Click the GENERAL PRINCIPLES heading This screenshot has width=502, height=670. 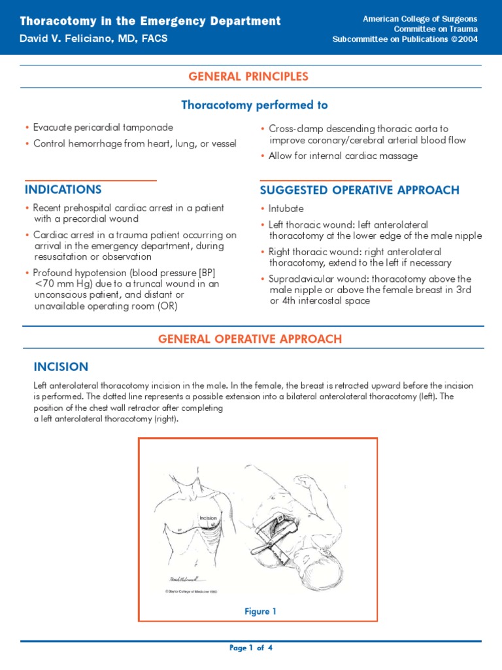pos(248,77)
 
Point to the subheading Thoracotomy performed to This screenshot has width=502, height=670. pos(254,105)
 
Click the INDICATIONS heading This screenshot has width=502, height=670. pos(63,190)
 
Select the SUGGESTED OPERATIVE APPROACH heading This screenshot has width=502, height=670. pos(360,190)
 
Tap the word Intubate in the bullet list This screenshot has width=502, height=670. pos(286,209)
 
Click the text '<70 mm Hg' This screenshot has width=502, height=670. pos(58,284)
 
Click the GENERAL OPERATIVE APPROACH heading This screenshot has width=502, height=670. pos(250,338)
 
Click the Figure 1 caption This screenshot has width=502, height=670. pos(260,611)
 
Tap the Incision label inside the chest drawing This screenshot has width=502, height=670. pos(208,518)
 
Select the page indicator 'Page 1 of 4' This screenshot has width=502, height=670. pos(251,648)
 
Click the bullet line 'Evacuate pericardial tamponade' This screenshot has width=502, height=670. pos(103,128)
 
